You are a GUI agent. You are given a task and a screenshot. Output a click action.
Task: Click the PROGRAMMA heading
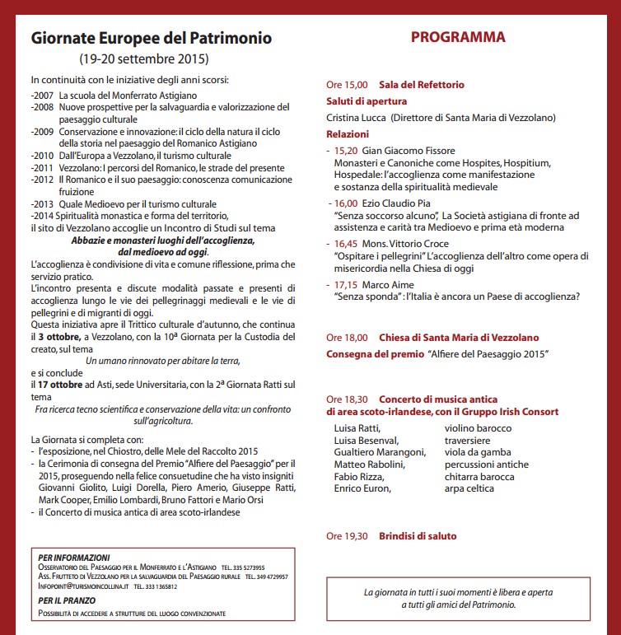(x=458, y=38)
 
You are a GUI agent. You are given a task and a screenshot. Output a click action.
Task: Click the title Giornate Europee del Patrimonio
(x=152, y=39)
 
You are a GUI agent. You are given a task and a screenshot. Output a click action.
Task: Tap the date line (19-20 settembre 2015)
(x=144, y=59)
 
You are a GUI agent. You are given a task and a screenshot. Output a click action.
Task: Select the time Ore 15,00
(x=346, y=85)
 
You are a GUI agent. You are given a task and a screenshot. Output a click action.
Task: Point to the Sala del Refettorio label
(x=422, y=85)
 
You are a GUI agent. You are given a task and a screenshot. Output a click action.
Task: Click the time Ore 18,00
(x=346, y=338)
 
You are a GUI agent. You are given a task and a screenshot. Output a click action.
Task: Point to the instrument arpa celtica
(x=469, y=488)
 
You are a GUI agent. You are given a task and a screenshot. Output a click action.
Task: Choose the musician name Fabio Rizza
(x=358, y=476)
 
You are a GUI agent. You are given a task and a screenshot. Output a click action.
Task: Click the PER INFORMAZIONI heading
(x=73, y=558)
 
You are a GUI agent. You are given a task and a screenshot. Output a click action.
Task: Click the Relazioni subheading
(x=348, y=133)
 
